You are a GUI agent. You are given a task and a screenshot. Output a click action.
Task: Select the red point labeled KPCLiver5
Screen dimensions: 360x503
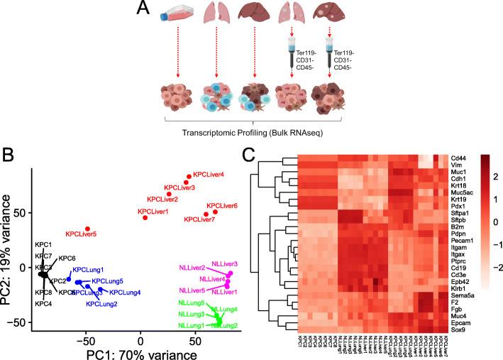(87, 229)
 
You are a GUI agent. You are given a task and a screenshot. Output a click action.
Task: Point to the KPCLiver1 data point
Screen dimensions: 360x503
(145, 217)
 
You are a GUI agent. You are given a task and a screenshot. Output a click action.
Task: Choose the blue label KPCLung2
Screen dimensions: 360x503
(101, 304)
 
